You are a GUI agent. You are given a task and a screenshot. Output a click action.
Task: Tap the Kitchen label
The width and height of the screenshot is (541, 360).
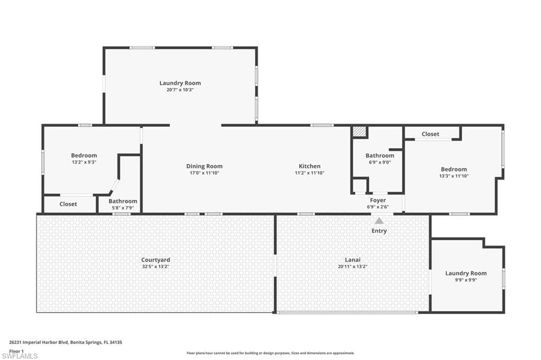pos(309,166)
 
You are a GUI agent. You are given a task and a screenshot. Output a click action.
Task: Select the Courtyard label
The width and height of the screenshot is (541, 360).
pos(155,260)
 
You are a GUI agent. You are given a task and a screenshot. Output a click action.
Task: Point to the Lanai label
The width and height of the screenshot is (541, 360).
pos(352,260)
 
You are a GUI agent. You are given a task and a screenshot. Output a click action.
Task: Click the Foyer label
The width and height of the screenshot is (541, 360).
pos(378,201)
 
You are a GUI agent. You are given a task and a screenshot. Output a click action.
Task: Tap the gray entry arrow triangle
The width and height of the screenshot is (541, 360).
pos(379,221)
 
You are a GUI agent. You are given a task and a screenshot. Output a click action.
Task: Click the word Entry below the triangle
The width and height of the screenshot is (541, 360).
pos(379,231)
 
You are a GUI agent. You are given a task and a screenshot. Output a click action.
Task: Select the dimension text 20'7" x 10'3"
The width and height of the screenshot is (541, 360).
pos(180,90)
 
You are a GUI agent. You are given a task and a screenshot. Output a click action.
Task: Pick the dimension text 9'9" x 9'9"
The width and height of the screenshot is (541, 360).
pos(465,280)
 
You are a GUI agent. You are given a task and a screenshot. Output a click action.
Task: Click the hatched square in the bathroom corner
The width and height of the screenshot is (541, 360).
pos(359,132)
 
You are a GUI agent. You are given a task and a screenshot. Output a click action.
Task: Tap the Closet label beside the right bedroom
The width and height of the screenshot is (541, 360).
pos(430,134)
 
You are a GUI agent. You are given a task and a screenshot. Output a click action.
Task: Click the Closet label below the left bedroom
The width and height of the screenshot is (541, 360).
pos(68,204)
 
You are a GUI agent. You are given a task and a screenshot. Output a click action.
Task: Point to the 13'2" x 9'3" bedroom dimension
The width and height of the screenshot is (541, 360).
pos(84,162)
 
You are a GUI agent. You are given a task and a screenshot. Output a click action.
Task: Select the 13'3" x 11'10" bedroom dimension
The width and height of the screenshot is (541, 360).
pos(454,176)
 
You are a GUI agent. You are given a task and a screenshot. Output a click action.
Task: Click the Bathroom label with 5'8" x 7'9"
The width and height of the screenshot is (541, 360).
pos(123,201)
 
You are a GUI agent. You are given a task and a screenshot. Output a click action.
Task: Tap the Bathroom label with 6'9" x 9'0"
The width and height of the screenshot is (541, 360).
pos(380,156)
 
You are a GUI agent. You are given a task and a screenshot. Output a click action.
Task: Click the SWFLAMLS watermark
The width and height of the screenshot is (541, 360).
pos(20,356)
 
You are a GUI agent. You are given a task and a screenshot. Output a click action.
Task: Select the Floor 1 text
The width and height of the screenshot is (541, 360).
pos(17,350)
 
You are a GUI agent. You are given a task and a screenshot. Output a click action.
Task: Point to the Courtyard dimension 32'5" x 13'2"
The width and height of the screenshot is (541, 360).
pos(155,267)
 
